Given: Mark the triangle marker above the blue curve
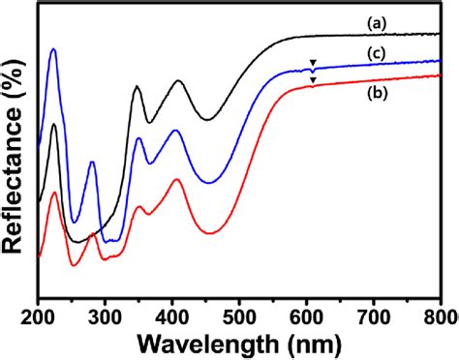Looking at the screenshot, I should [312, 64].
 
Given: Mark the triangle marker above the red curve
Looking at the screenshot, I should [312, 80].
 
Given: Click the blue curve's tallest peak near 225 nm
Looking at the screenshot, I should [53, 49].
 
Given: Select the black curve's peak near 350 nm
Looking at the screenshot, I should [137, 87].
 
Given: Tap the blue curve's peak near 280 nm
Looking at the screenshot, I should [92, 163].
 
